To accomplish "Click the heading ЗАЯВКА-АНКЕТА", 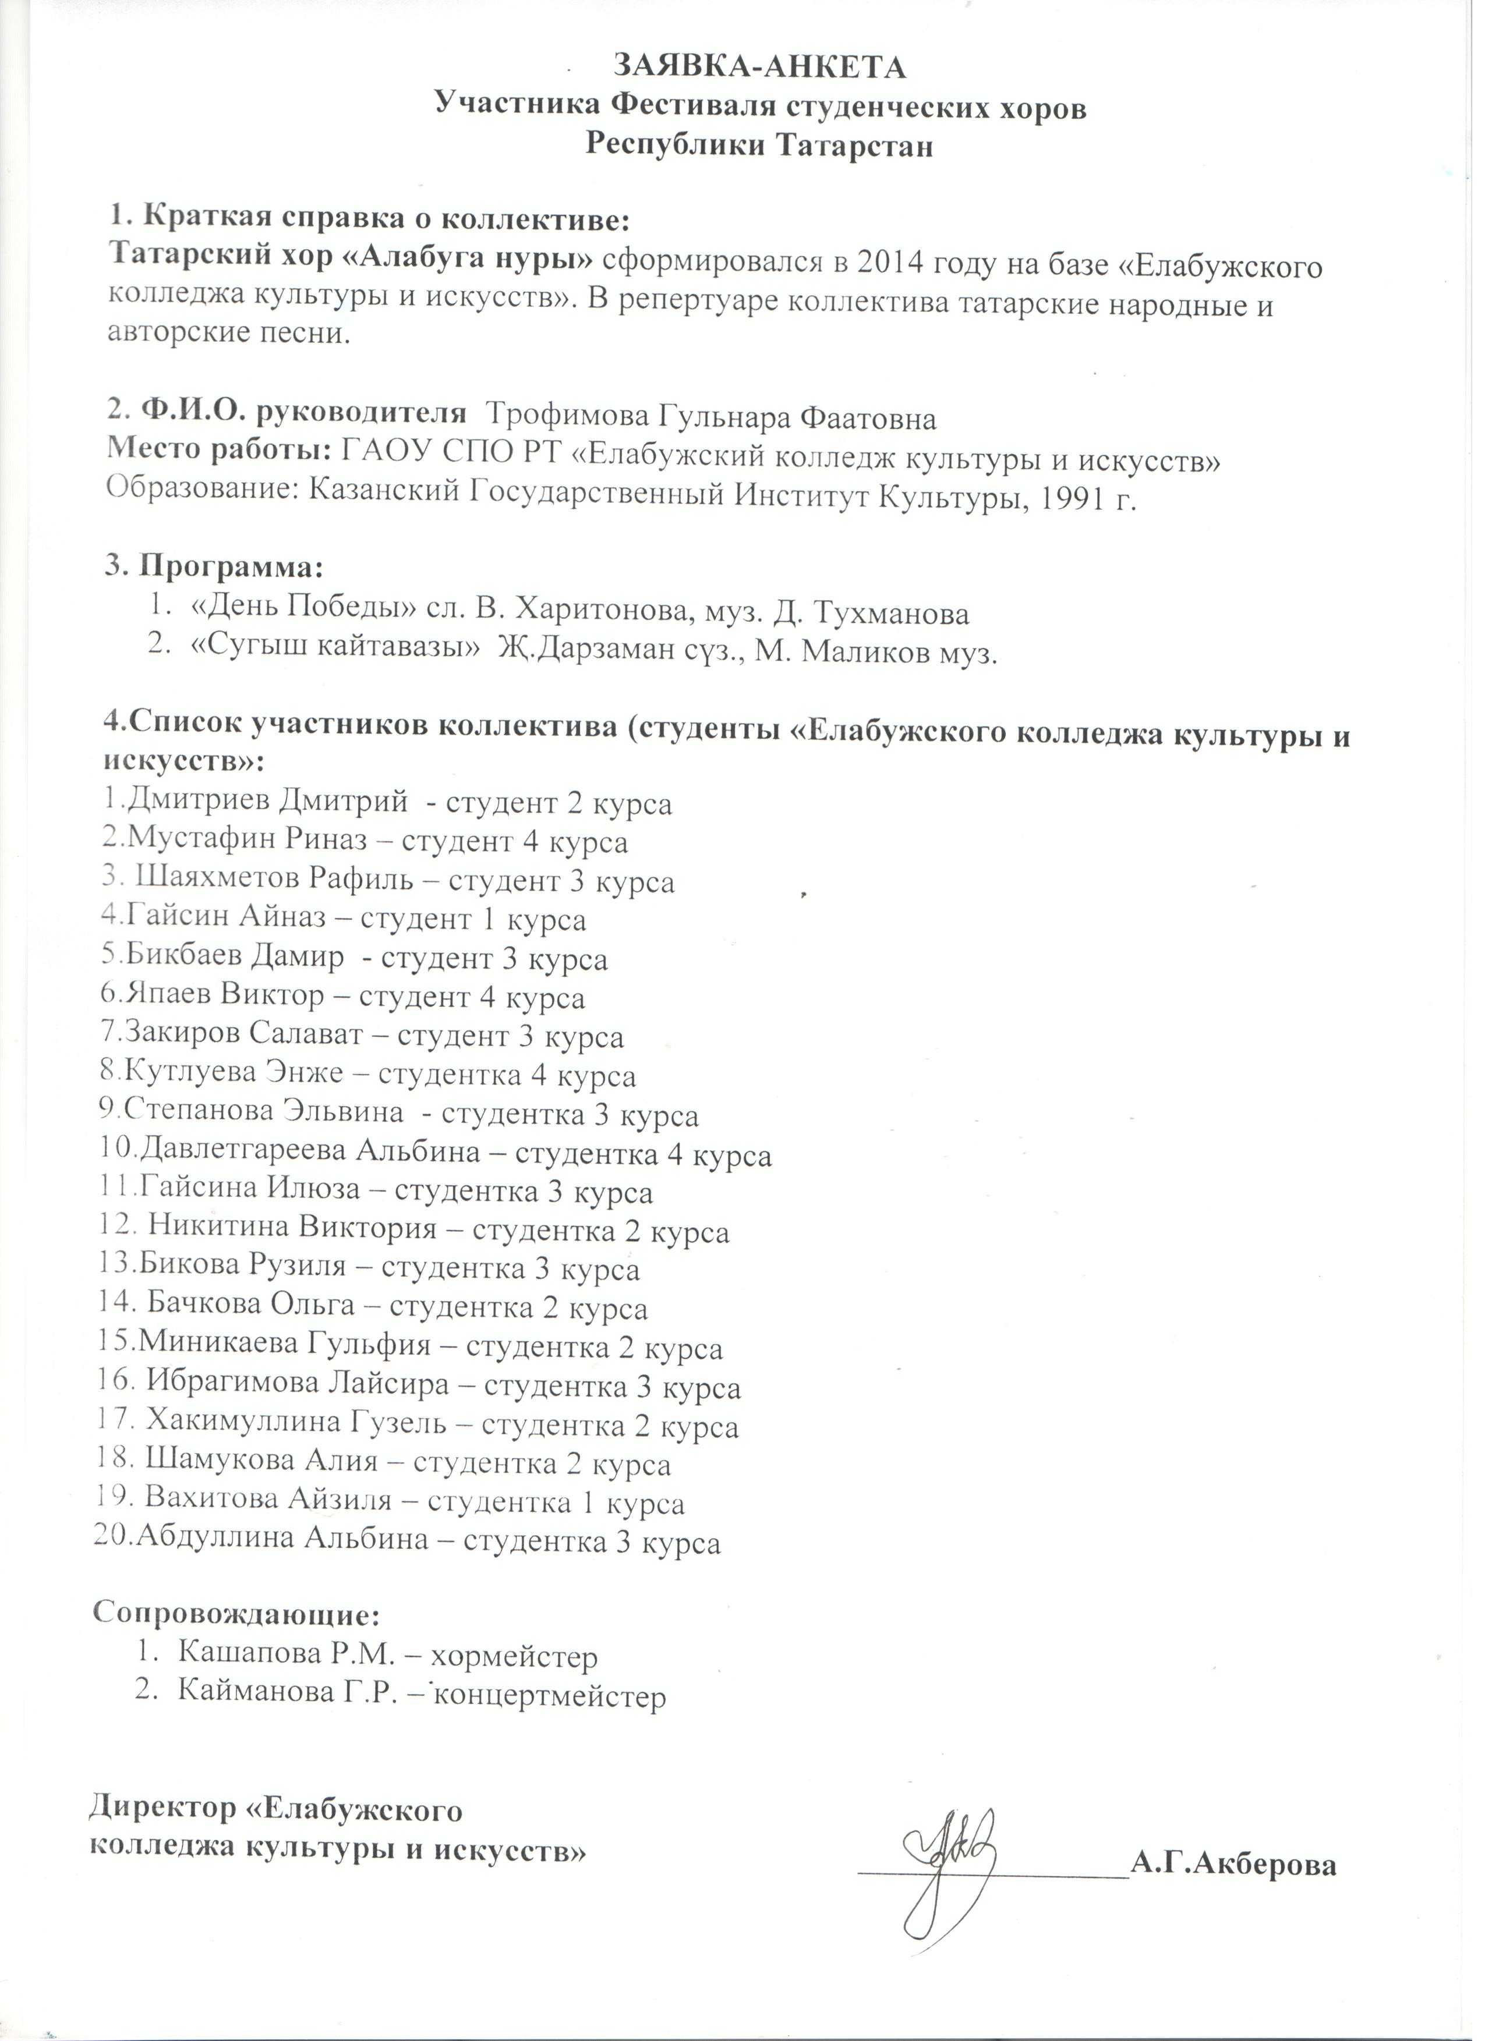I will [759, 68].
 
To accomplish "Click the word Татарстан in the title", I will [854, 145].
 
